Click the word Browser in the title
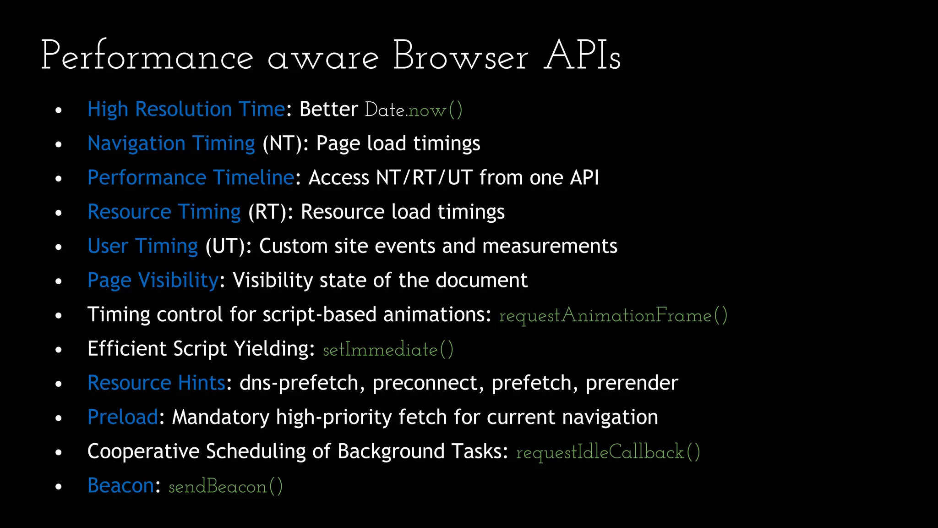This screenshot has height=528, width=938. tap(460, 56)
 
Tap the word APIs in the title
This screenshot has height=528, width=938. tap(582, 56)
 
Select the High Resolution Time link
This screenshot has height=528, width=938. tap(186, 109)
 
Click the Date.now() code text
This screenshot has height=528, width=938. tap(413, 110)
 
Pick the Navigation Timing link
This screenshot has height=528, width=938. tap(171, 143)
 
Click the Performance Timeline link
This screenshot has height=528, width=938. tap(191, 177)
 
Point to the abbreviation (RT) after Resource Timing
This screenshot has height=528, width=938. tap(267, 212)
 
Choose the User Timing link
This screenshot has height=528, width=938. tap(142, 246)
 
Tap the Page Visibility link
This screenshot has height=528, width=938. tap(153, 280)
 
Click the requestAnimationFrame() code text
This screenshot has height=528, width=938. tap(613, 315)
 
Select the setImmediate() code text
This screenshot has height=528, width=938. tap(388, 350)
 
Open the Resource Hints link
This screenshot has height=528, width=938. tap(156, 383)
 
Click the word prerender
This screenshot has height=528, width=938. tap(632, 383)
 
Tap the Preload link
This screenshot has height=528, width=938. tap(123, 417)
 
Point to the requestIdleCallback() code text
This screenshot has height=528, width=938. tap(608, 452)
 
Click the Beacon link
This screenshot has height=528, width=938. tap(121, 485)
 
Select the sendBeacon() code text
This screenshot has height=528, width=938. tap(225, 486)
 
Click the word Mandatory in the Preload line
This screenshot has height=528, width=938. tap(220, 417)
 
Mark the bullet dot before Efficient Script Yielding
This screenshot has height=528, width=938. tap(58, 350)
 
